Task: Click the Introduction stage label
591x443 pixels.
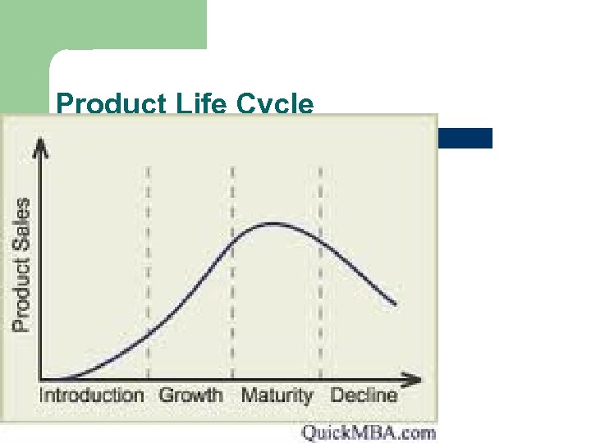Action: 91,395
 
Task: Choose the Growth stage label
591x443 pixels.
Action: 190,395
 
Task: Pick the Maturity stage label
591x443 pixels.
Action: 277,395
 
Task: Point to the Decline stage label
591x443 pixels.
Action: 364,395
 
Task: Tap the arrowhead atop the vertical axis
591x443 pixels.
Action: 42,147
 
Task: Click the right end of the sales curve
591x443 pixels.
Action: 396,304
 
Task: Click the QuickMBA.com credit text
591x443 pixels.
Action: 368,432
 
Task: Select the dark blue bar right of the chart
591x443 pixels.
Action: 465,138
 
